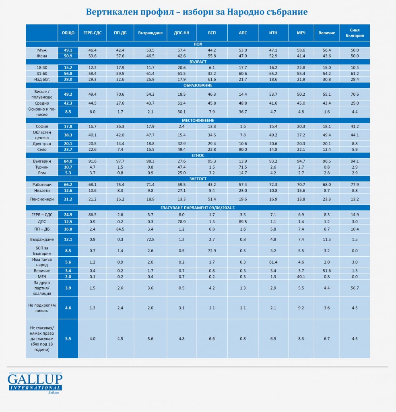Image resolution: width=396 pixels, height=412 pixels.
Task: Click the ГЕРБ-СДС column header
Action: click(x=93, y=33)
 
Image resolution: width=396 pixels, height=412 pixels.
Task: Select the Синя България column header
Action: click(x=355, y=33)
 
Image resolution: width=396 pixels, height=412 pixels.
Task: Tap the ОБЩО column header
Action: click(x=68, y=33)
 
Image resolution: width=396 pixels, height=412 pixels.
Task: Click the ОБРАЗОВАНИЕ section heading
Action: click(x=198, y=85)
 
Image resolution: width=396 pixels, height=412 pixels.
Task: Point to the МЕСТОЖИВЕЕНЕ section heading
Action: click(x=198, y=120)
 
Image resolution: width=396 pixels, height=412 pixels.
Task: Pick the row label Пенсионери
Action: click(x=42, y=199)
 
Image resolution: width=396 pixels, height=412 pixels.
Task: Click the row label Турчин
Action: click(x=42, y=167)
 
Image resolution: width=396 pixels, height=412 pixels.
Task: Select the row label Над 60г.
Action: click(x=42, y=79)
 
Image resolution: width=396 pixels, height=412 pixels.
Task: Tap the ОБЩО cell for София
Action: click(x=68, y=126)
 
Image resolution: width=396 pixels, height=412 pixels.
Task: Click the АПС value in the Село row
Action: click(x=243, y=150)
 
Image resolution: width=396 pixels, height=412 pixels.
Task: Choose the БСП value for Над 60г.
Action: click(x=212, y=79)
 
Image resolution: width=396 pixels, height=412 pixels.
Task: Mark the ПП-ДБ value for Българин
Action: click(x=120, y=161)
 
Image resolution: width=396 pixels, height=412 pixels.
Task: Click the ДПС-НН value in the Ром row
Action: click(x=181, y=173)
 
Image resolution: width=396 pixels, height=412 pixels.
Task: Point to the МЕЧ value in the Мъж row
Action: click(x=301, y=50)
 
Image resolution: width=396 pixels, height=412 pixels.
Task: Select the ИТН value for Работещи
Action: click(x=273, y=185)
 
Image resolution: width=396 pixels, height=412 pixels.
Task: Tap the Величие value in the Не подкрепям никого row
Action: click(x=327, y=308)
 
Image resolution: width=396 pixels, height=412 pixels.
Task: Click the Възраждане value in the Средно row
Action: click(x=150, y=103)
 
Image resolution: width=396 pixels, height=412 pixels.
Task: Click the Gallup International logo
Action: click(x=35, y=383)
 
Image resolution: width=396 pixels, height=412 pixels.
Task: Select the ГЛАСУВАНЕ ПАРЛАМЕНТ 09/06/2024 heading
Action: click(x=198, y=208)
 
